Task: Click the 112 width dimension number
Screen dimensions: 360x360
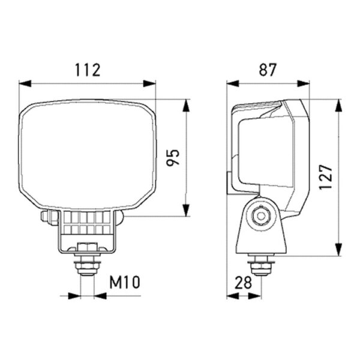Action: click(88, 70)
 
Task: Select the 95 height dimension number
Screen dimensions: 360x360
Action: click(173, 157)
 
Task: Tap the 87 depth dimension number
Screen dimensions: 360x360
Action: click(268, 70)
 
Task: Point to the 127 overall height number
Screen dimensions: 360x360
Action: click(326, 177)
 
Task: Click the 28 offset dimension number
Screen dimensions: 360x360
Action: click(244, 283)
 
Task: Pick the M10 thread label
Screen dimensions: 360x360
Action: click(125, 282)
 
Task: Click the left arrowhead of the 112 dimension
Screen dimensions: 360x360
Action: click(25, 83)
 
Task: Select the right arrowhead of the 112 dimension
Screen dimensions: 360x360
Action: click(149, 83)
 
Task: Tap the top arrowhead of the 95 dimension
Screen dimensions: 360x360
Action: click(186, 106)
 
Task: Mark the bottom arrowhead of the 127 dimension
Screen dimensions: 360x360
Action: click(338, 250)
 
